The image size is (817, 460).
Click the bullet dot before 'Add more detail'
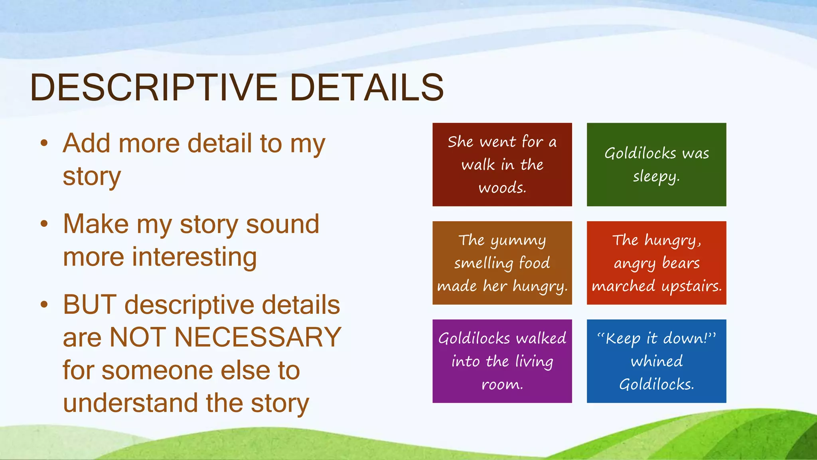pyautogui.click(x=44, y=143)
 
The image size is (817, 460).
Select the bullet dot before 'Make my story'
pyautogui.click(x=44, y=224)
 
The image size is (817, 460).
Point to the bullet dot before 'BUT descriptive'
pyautogui.click(x=44, y=305)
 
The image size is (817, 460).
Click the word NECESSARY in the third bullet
pyautogui.click(x=258, y=337)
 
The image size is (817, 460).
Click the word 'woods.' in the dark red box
pyautogui.click(x=502, y=188)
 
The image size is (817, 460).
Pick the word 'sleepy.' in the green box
pyautogui.click(x=656, y=176)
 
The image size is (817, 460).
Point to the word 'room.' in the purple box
pyautogui.click(x=502, y=384)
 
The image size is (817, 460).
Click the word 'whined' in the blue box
pyautogui.click(x=656, y=361)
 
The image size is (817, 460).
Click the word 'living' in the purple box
pyautogui.click(x=534, y=362)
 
